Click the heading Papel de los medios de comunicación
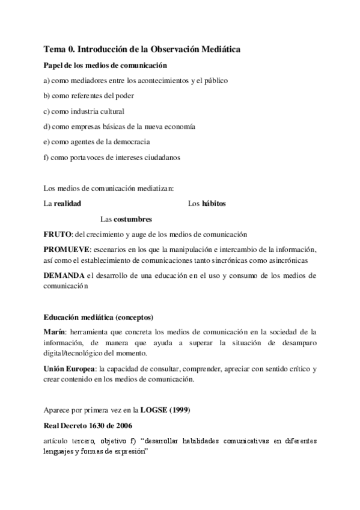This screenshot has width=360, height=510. click(x=105, y=65)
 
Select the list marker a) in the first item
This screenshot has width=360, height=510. click(x=47, y=80)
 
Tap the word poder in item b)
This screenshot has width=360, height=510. click(x=124, y=96)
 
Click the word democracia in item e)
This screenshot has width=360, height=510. click(x=130, y=143)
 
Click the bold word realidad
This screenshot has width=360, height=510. click(x=67, y=204)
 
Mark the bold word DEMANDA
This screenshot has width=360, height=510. click(x=64, y=276)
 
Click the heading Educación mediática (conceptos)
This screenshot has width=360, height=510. click(x=99, y=317)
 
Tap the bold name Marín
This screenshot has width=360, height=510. click(x=54, y=332)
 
